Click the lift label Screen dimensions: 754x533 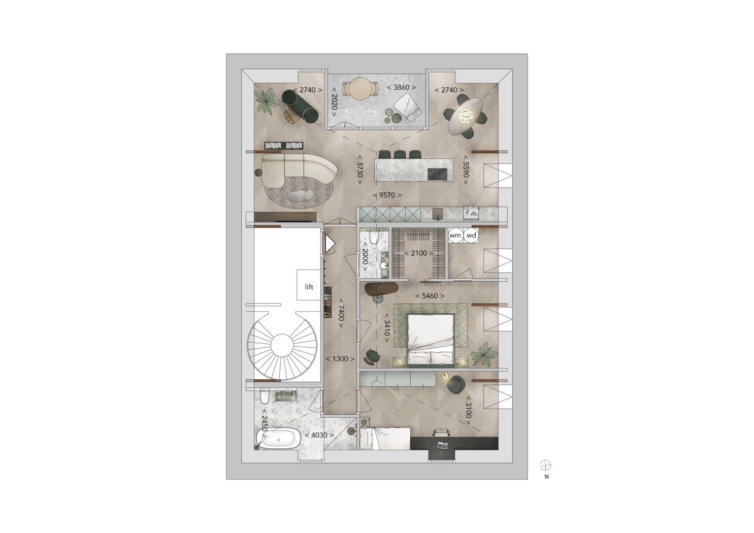tap(309, 287)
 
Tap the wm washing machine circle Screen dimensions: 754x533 tap(455, 235)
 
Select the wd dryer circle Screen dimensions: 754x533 tap(471, 235)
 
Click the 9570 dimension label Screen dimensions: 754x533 tap(387, 195)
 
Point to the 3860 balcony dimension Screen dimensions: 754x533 tap(401, 87)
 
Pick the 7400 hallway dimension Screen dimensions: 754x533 tap(341, 313)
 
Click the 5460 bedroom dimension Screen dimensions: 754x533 tap(430, 296)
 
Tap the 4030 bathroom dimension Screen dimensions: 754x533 tap(319, 435)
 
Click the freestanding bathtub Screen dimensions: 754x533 tap(278, 438)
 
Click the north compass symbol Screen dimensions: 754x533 tap(545, 465)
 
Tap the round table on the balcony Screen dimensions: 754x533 tap(360, 89)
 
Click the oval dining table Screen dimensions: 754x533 tap(466, 116)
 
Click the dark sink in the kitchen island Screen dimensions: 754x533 tap(438, 174)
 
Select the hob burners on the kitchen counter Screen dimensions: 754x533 tap(471, 213)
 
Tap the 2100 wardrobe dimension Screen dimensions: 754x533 tap(419, 253)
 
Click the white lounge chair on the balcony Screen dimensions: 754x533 tap(408, 107)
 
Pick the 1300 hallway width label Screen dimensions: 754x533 tap(340, 359)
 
